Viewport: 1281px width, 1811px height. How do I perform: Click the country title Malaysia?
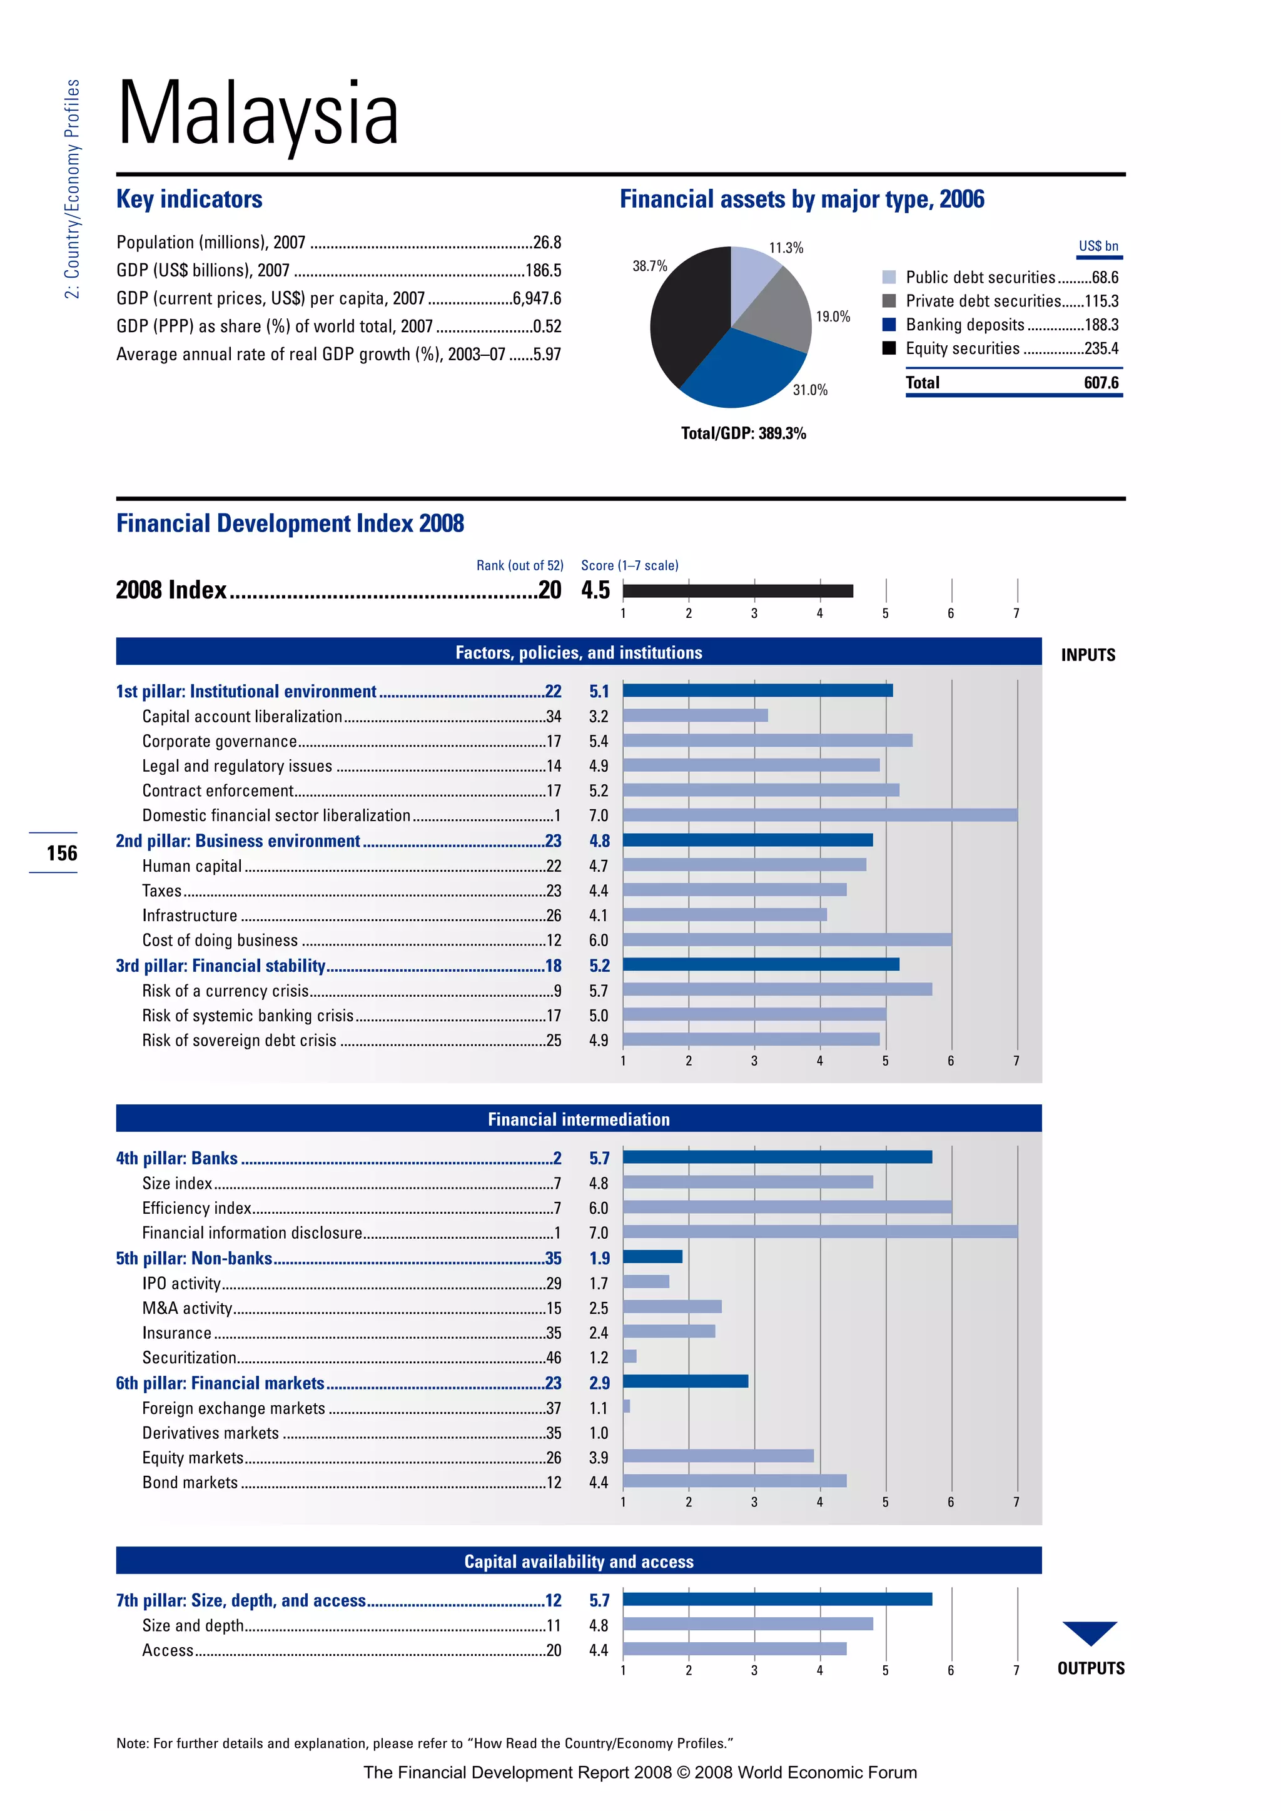point(258,114)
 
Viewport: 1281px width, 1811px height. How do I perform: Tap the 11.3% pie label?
point(786,248)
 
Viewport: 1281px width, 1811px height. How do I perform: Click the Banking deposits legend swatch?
point(889,325)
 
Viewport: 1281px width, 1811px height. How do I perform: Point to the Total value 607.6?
point(1100,383)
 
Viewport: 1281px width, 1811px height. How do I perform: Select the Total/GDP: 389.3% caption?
point(743,433)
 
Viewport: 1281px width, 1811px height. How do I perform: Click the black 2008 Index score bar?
point(737,591)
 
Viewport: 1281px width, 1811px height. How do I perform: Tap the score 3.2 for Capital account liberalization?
point(598,716)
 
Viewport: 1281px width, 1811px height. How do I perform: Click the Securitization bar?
point(629,1356)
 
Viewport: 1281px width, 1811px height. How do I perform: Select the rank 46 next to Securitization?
point(553,1358)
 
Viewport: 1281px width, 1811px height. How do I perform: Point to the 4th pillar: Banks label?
point(176,1158)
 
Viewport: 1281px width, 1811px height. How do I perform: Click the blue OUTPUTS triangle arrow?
point(1090,1631)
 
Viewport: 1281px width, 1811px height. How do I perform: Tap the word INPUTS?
point(1088,655)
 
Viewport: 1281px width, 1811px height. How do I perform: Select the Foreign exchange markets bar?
point(626,1406)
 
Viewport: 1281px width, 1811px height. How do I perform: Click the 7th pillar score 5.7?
point(599,1600)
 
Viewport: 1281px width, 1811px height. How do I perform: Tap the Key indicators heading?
point(190,199)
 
